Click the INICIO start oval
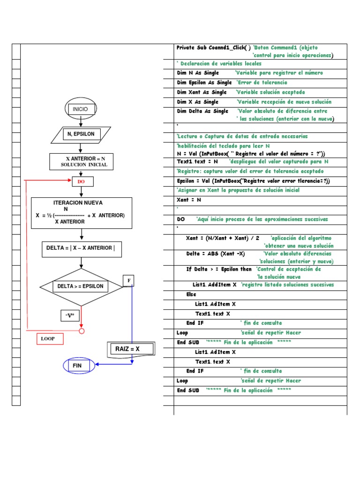pos(81,109)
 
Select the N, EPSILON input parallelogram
pos(81,134)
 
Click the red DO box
pos(81,181)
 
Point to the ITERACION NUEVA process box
pos(82,213)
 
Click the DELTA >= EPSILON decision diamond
pos(81,286)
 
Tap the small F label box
pos(129,281)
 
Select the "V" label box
pos(71,315)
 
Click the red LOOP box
pos(50,338)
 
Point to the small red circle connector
pos(82,331)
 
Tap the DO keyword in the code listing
pos(180,219)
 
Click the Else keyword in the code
pos(191,294)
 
